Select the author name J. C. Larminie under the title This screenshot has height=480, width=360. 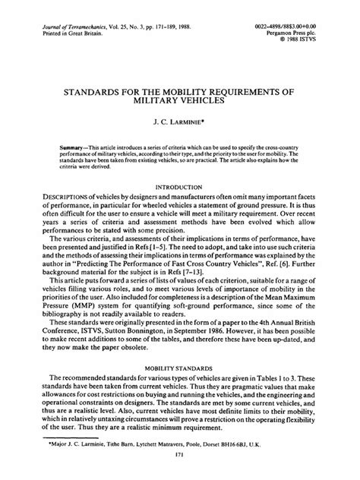point(179,120)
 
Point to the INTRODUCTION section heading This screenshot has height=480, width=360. point(180,186)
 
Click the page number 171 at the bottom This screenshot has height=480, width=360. point(180,455)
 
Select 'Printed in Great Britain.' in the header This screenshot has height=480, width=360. point(58,34)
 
